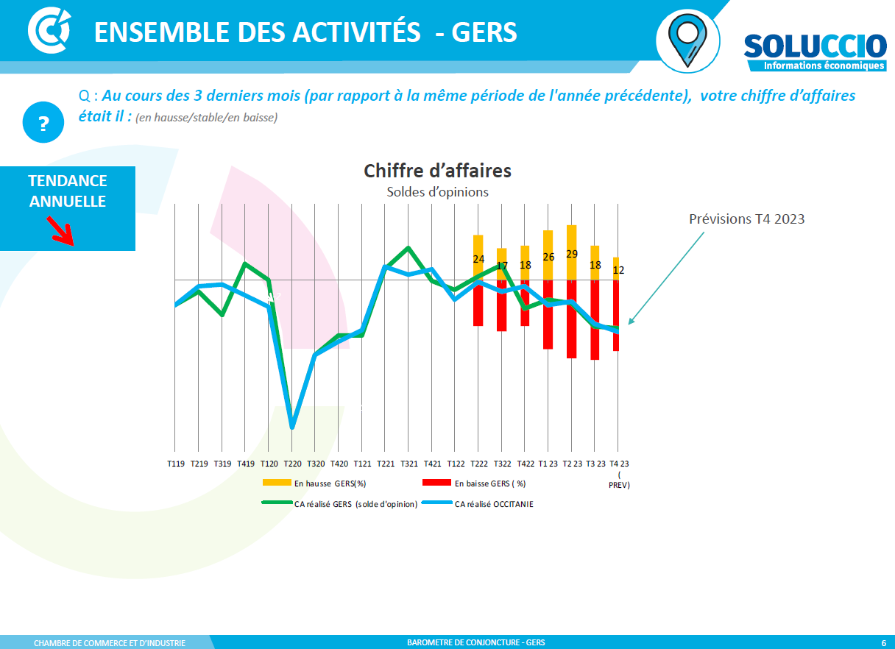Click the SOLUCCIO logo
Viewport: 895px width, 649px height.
[814, 52]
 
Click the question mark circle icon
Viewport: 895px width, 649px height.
[43, 123]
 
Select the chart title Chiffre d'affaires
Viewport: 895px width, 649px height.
[437, 171]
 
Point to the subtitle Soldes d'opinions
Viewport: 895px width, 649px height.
[437, 192]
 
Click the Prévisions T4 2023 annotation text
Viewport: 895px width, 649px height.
[746, 219]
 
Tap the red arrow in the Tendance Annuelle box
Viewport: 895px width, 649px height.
[60, 230]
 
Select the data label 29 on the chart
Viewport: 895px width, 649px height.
[571, 254]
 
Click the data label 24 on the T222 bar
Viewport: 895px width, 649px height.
[478, 259]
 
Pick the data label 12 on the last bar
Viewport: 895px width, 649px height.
[618, 270]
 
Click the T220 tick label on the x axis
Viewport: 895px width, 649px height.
[292, 464]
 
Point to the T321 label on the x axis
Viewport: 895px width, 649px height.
[408, 464]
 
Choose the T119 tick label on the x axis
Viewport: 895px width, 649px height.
[176, 464]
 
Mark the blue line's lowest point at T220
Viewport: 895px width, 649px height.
[292, 426]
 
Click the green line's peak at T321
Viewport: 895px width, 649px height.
[408, 248]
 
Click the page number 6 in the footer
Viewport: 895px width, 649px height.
[883, 642]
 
